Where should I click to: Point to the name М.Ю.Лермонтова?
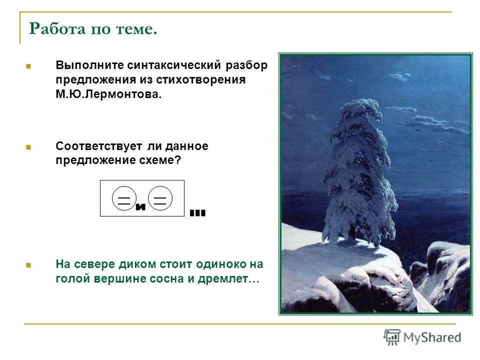pos(108,94)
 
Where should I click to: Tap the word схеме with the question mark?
pos(159,161)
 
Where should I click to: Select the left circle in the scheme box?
pos(123,198)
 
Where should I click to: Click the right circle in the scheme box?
pos(160,198)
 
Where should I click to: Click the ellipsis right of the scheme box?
pos(197,213)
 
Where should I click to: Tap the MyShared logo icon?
pos(392,337)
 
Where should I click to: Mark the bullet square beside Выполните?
pos(28,66)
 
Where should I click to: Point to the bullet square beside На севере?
pos(28,264)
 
